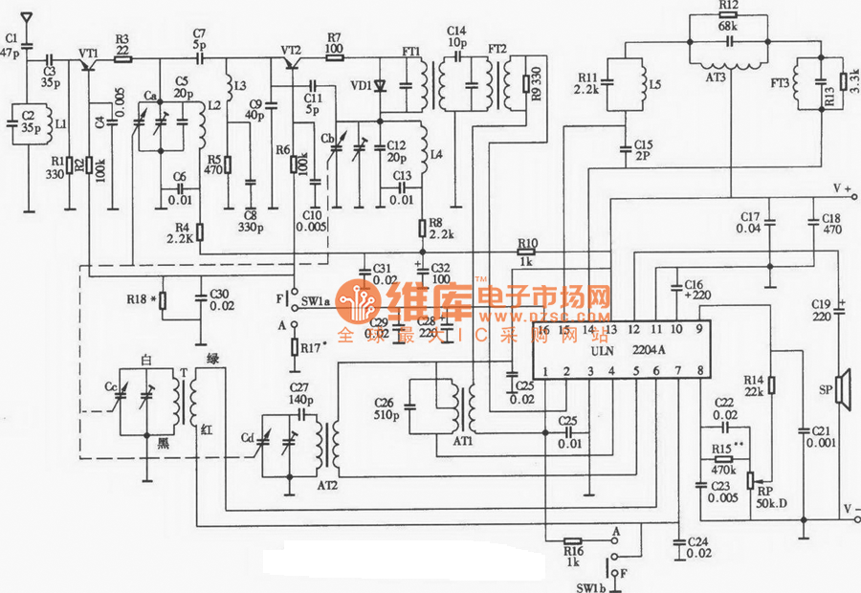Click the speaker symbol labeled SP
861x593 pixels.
tap(843, 388)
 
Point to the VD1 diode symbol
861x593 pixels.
tap(380, 85)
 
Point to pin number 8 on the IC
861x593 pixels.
tap(701, 370)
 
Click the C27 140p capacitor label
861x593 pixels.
tap(300, 393)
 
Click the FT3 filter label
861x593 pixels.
tap(778, 85)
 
